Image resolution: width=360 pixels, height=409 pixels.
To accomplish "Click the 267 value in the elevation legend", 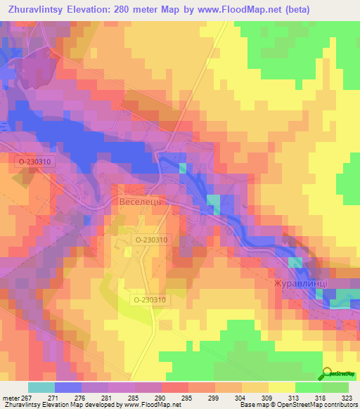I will (x=27, y=397).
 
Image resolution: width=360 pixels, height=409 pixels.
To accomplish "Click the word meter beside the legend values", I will (x=10, y=397).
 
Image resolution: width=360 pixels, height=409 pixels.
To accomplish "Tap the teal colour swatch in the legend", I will (x=41, y=387).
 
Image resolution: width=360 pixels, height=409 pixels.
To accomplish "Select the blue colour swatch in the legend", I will (x=68, y=387).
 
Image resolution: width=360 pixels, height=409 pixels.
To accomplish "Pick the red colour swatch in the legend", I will (x=175, y=387).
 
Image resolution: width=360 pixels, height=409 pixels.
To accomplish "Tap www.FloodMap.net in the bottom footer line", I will (x=150, y=405).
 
